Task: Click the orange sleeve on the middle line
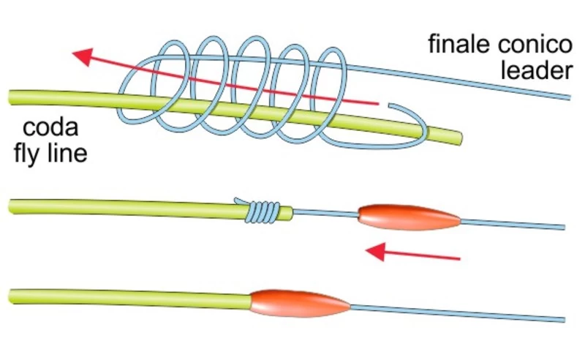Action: tap(408, 214)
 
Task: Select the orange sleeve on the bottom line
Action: tap(300, 301)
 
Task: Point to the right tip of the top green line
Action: tap(460, 135)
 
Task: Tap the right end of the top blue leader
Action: tap(569, 96)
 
